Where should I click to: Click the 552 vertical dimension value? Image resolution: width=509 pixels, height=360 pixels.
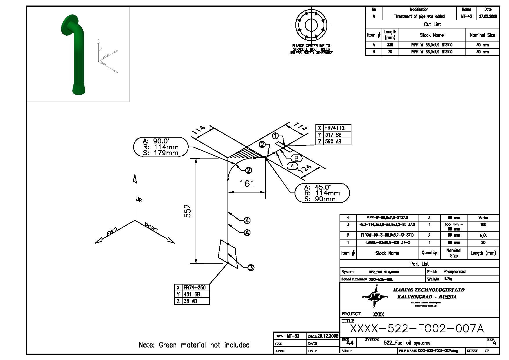click(x=188, y=211)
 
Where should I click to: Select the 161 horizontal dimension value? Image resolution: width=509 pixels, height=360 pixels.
click(x=247, y=184)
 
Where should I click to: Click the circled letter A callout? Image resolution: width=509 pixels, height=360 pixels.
click(x=247, y=233)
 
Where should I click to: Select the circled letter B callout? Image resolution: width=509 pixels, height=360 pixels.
click(x=296, y=158)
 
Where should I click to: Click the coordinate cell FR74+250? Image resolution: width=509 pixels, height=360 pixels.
click(x=194, y=287)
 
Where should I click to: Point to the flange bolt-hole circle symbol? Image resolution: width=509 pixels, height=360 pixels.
click(x=311, y=24)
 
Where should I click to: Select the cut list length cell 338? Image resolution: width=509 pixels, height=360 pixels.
click(x=390, y=45)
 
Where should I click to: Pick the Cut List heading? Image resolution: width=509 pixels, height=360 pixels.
click(x=432, y=24)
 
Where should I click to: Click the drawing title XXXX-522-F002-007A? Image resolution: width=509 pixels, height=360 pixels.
click(x=417, y=329)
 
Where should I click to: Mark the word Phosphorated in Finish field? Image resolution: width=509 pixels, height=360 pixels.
click(x=455, y=272)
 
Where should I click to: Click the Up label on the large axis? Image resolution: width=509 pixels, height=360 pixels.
click(x=139, y=199)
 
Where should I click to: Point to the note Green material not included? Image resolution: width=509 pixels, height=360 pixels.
click(x=194, y=345)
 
